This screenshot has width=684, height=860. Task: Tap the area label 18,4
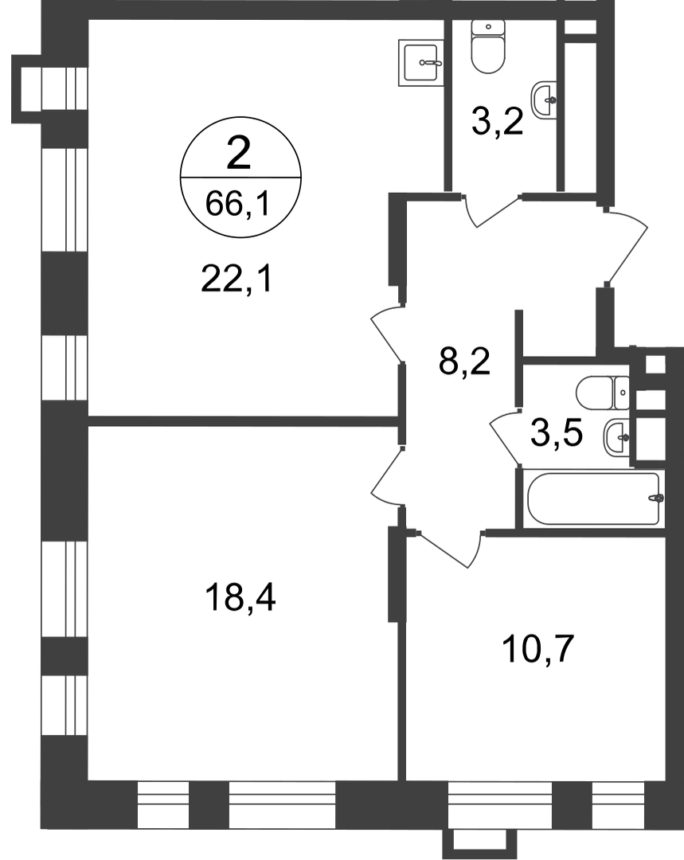pos(240,597)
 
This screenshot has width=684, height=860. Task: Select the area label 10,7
pos(537,649)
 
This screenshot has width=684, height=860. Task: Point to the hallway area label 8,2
pos(464,362)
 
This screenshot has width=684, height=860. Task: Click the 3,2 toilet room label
pos(498,123)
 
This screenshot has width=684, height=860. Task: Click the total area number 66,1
pos(238,205)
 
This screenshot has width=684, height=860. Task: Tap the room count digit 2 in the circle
pos(239,154)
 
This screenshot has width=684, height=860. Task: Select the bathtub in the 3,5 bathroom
pos(595,498)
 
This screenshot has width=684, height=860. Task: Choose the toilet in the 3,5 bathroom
pos(603,393)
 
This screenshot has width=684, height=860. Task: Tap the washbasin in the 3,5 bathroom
pos(617,436)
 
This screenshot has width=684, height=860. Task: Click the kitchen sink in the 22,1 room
pos(420,63)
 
